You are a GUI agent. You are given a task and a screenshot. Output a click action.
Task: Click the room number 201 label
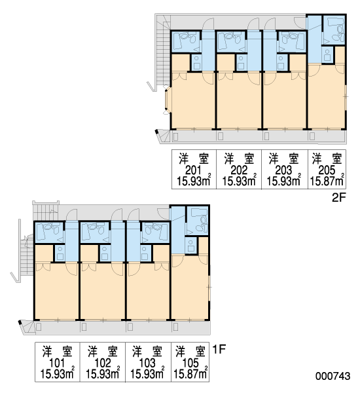193,170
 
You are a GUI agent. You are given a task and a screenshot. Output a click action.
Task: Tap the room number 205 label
327,170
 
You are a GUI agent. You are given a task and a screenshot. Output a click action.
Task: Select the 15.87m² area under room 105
190,374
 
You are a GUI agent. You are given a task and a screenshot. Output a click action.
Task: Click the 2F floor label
338,198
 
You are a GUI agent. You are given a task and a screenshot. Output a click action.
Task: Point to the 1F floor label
219,349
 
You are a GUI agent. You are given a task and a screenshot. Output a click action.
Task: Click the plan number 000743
333,376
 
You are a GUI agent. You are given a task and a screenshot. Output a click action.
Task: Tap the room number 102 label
103,363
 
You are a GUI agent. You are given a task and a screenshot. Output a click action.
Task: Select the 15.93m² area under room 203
284,181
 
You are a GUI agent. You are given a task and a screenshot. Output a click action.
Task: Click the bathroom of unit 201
186,42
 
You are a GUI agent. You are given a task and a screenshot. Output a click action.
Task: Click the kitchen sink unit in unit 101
60,253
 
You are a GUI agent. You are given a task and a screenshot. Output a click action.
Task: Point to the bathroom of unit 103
155,233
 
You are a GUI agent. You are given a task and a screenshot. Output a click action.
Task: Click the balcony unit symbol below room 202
220,136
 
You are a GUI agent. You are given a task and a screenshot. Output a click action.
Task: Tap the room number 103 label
147,363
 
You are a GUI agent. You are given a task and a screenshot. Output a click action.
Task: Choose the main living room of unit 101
56,291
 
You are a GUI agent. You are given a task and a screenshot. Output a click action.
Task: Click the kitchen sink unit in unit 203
283,62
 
